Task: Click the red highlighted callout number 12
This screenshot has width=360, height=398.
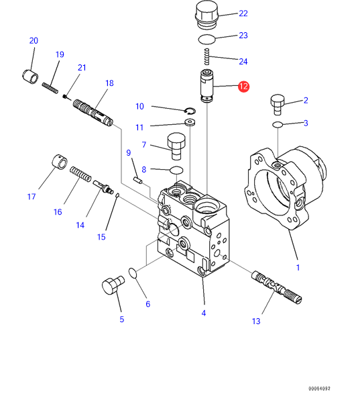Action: [243, 87]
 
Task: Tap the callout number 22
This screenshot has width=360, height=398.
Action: [243, 13]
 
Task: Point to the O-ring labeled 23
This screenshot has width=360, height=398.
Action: [206, 40]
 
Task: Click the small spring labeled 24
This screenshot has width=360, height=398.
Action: [207, 56]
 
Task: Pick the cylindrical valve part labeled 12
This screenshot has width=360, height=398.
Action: [207, 86]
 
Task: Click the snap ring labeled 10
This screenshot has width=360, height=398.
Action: [190, 111]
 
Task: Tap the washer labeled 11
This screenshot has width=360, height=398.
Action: [190, 123]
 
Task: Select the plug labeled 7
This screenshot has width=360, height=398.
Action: [176, 146]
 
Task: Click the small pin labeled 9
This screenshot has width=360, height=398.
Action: [138, 181]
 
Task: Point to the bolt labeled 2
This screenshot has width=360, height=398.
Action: [278, 105]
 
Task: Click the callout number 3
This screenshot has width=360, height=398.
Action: [306, 123]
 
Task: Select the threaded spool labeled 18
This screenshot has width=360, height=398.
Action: [93, 113]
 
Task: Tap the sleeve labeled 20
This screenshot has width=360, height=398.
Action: [30, 77]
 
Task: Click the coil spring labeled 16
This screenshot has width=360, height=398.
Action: [80, 174]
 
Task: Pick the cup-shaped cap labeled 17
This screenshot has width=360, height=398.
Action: [60, 162]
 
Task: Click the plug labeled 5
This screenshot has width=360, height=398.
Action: [113, 285]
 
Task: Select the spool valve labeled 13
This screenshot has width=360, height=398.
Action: [277, 287]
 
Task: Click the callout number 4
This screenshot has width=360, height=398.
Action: [204, 313]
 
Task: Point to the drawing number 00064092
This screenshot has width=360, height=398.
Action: [319, 389]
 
